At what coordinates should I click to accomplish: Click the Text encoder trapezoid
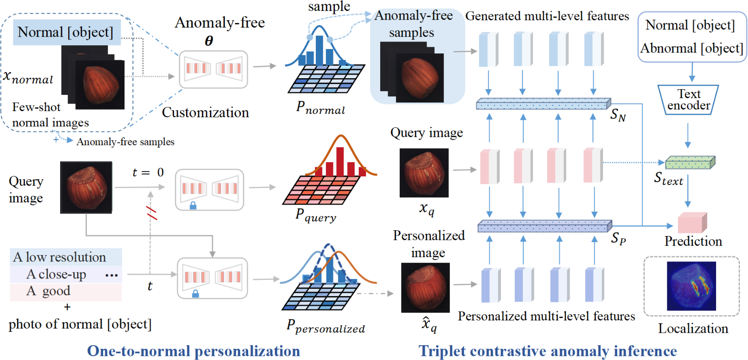pos(688,100)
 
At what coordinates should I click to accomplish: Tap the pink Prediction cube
pos(692,223)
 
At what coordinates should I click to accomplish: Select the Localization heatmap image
pos(691,286)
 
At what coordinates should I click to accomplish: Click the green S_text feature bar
pos(690,163)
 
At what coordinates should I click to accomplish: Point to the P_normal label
pos(321,108)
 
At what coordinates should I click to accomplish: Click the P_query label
pos(316,216)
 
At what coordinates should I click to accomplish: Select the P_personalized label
pos(325,326)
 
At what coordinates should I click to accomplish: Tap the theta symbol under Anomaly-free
pos(209,41)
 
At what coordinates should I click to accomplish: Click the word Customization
pos(205,113)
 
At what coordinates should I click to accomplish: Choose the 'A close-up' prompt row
pos(66,274)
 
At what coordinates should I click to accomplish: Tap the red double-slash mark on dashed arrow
pos(152,213)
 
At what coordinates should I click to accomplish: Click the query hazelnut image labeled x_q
pos(424,173)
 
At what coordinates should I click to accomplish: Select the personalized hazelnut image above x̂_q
pos(426,288)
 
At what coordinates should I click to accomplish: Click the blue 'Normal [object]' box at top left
pos(67,32)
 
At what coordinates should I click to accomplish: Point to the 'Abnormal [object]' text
pos(692,49)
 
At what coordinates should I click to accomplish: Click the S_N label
pos(618,115)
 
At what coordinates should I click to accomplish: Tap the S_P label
pos(618,238)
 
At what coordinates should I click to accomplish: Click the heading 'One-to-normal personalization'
pos(194,351)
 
